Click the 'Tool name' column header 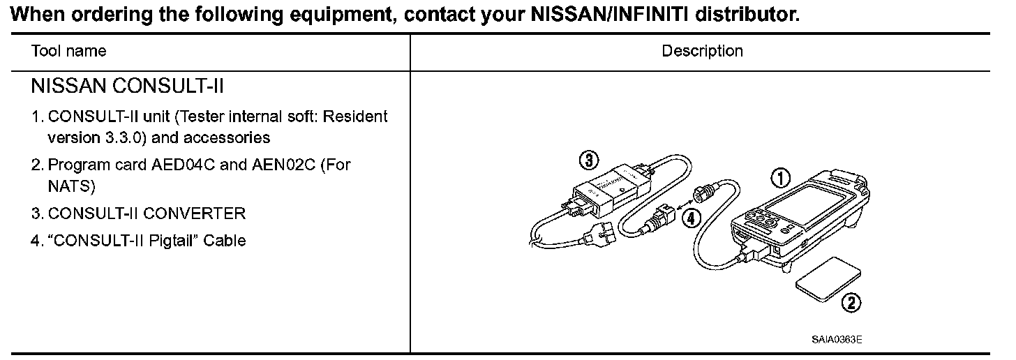pyautogui.click(x=68, y=51)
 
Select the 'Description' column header pyautogui.click(x=702, y=51)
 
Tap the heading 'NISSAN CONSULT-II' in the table pyautogui.click(x=127, y=87)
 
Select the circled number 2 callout pyautogui.click(x=851, y=303)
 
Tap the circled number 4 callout pyautogui.click(x=690, y=218)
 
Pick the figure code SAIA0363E pyautogui.click(x=837, y=340)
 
